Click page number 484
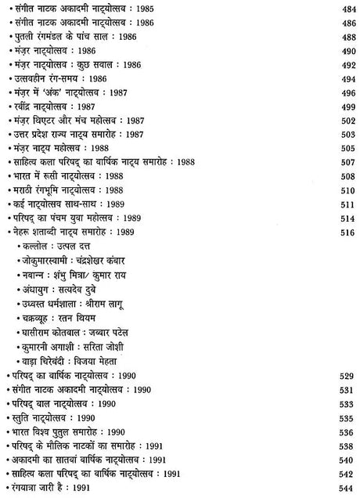[346, 9]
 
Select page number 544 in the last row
[346, 488]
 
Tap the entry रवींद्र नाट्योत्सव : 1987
[56, 106]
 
